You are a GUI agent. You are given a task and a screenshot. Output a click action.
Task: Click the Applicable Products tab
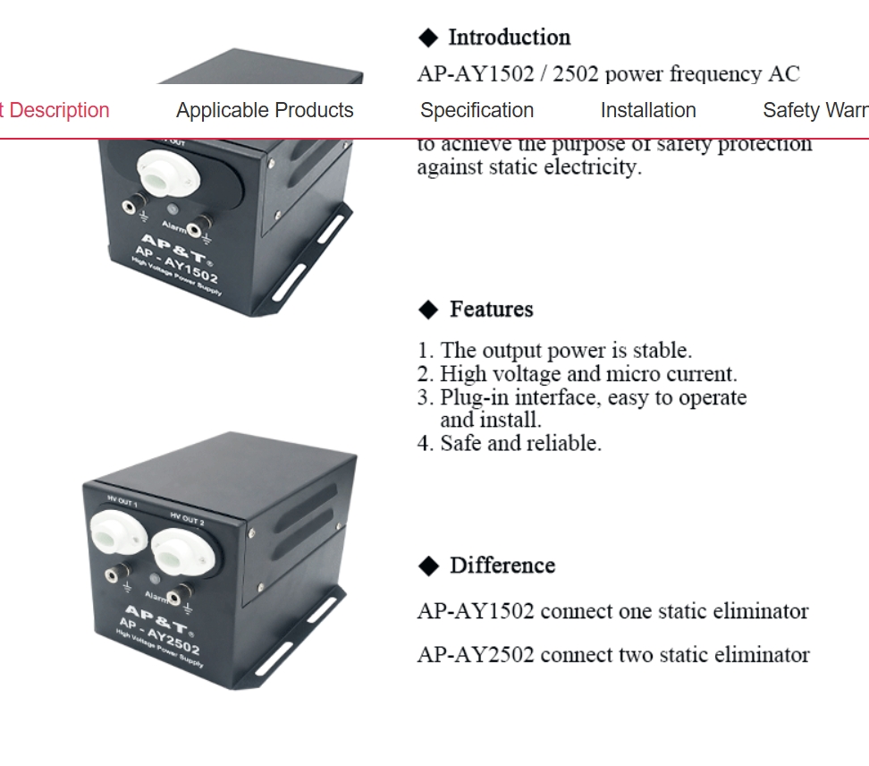265,111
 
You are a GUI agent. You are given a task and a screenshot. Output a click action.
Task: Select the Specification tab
477,111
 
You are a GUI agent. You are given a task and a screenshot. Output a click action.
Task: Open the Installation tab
647,111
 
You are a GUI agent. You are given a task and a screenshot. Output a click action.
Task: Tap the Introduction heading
509,38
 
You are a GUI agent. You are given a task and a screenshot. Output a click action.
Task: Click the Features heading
491,310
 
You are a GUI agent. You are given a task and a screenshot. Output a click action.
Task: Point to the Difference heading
502,566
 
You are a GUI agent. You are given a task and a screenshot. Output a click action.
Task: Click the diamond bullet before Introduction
429,38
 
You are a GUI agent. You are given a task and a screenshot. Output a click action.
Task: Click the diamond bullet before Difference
429,566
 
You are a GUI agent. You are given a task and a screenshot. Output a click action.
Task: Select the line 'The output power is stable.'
565,350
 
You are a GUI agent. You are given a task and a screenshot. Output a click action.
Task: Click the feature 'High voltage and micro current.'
587,374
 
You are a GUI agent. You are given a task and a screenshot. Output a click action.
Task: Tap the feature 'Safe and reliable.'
519,443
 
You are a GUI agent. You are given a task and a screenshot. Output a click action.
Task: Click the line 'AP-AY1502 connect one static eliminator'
612,611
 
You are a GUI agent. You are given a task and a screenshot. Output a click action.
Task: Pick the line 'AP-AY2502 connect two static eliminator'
613,655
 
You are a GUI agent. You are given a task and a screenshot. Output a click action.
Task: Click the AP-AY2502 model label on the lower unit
162,634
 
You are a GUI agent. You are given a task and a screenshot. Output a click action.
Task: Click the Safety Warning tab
814,111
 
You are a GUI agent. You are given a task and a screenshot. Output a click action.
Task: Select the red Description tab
55,111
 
